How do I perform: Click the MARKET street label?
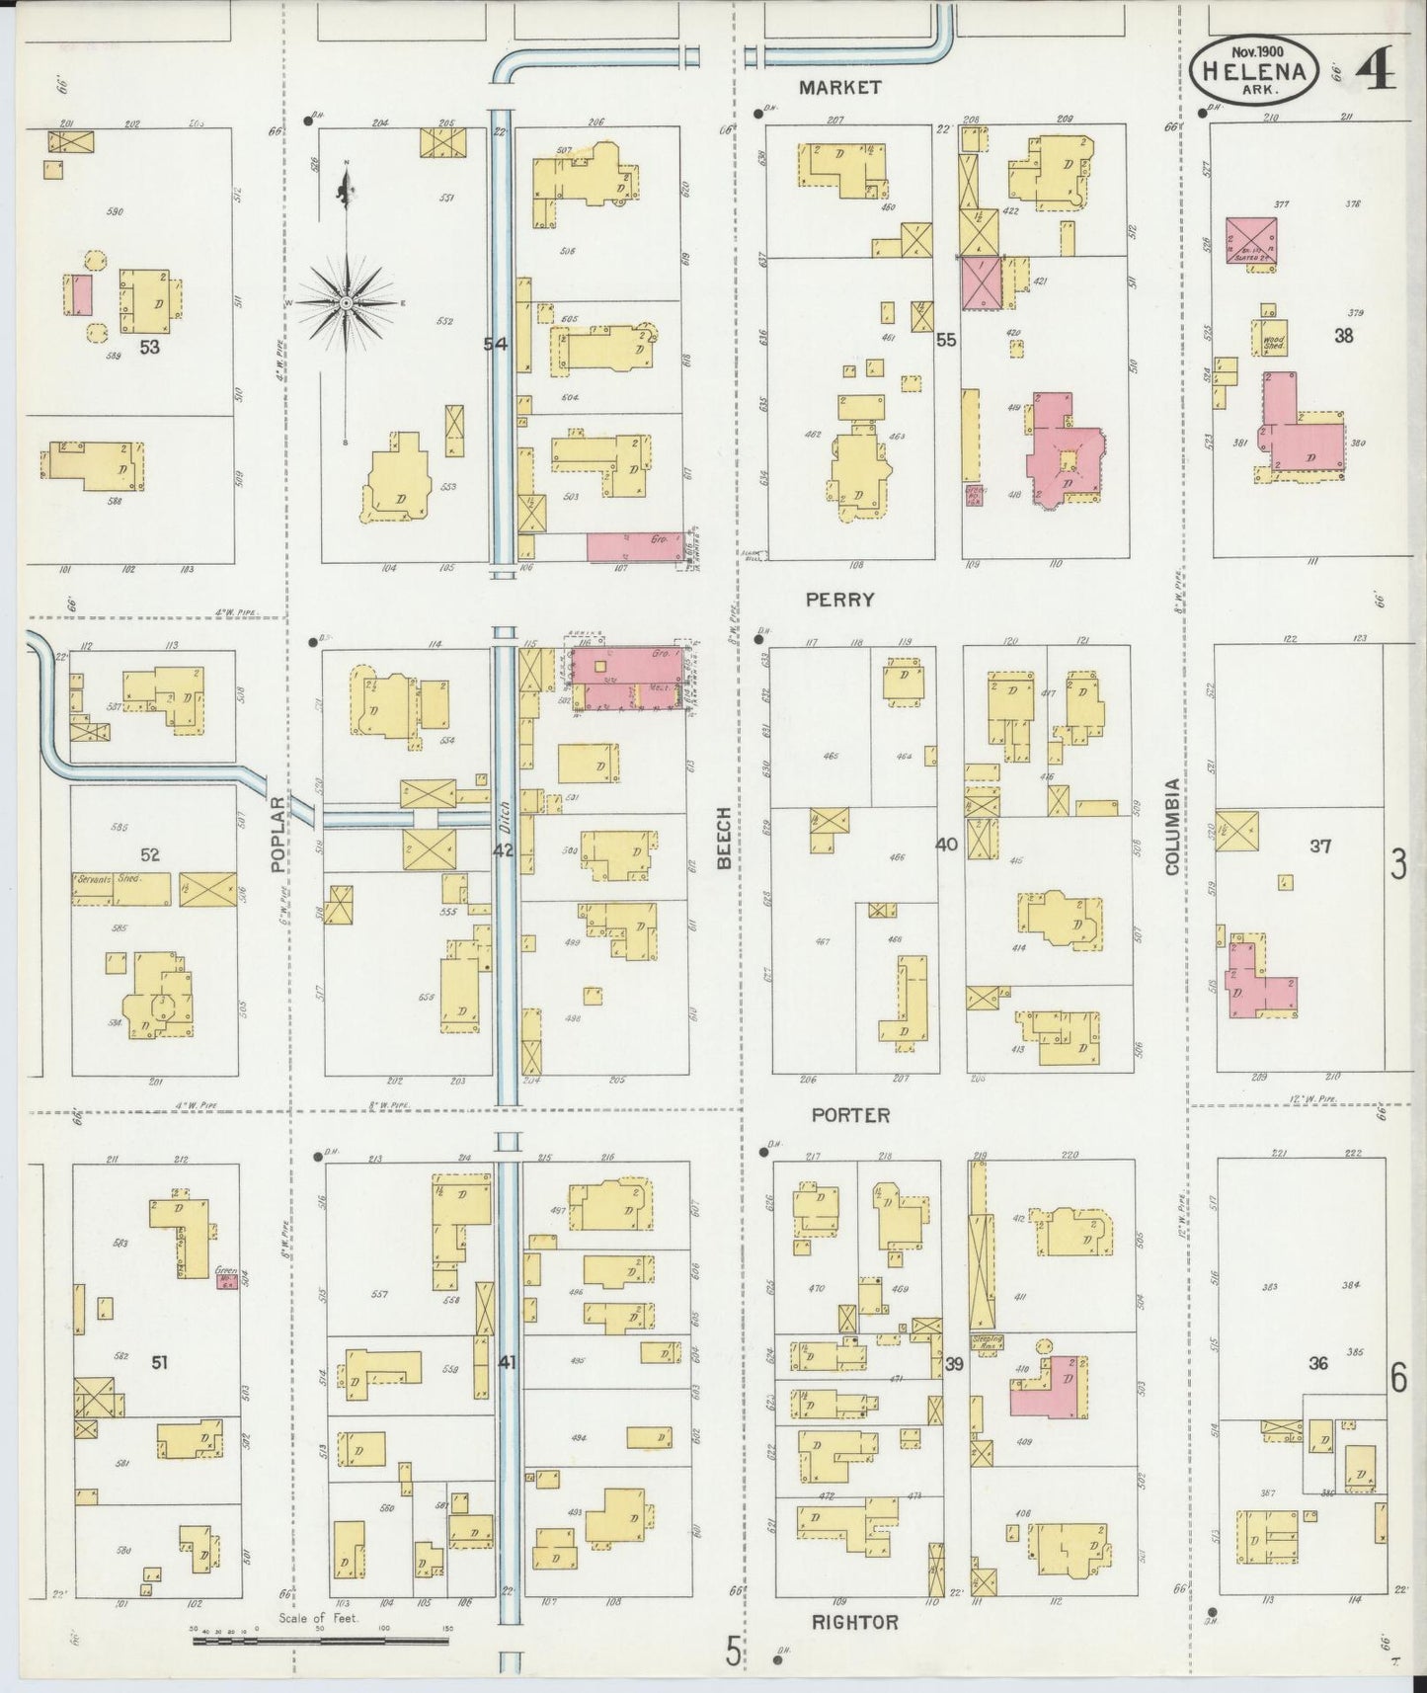(839, 87)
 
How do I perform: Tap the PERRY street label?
(839, 600)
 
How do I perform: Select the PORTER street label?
(850, 1115)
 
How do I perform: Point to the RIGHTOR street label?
(855, 1622)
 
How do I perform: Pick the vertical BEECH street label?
(724, 838)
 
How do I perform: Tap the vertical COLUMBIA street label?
(1171, 826)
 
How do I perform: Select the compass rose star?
(348, 301)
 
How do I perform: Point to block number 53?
(150, 347)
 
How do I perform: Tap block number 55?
(946, 340)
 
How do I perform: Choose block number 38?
(1343, 335)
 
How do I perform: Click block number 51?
(159, 1363)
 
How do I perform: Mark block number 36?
(1317, 1363)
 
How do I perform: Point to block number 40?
(946, 845)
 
